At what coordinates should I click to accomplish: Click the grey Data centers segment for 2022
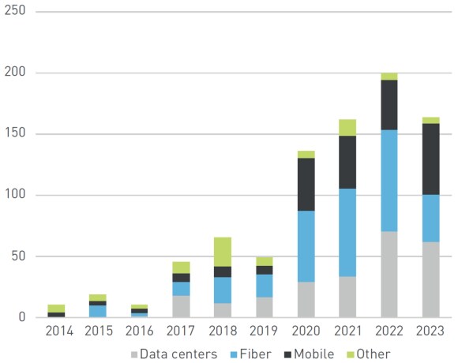pos(389,274)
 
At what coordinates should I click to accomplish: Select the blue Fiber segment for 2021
pos(347,232)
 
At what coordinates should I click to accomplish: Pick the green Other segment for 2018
pos(223,251)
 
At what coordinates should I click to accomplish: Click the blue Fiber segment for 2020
pos(306,246)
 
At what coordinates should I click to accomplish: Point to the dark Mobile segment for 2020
pos(306,184)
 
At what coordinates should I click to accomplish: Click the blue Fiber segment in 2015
pos(98,311)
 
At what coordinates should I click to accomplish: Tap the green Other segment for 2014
pos(56,308)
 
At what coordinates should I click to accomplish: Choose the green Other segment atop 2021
pos(347,127)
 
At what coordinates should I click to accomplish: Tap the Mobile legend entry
pos(313,354)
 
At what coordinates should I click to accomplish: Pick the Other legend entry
pos(371,354)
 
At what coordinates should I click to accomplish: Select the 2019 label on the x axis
pos(264,332)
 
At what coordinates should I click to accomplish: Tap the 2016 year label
pos(139,332)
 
